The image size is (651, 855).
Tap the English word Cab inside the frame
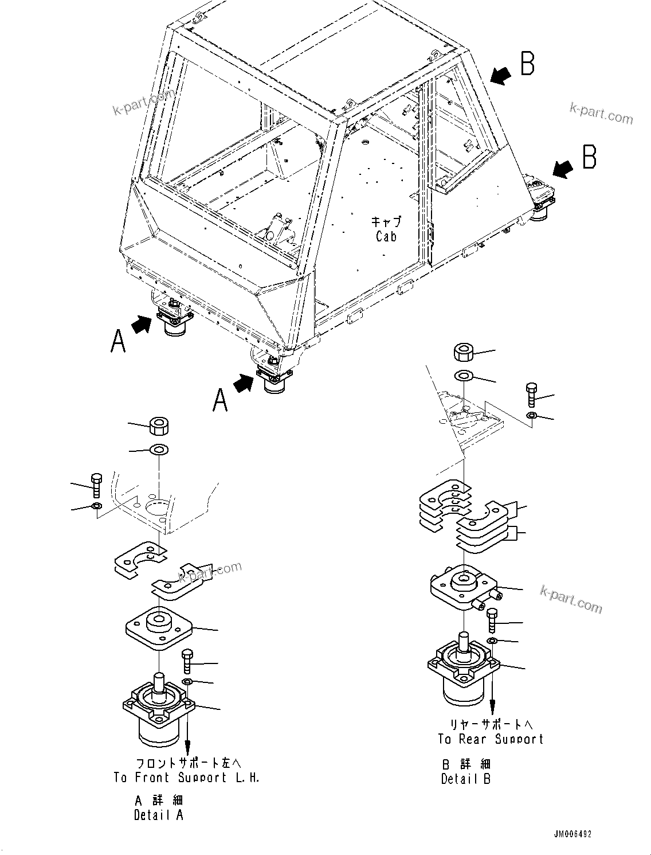[x=386, y=236]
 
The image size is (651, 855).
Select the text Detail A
[x=159, y=814]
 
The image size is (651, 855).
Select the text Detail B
[x=465, y=779]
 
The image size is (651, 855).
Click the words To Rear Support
[x=491, y=739]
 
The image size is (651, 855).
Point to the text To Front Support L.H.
[x=186, y=778]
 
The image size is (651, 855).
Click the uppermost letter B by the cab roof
[x=527, y=64]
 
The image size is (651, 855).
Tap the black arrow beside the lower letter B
[x=562, y=168]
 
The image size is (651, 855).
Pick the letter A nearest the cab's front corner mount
[x=220, y=399]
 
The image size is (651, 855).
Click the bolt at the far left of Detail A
[x=96, y=485]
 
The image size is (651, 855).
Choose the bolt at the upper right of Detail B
[x=531, y=396]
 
